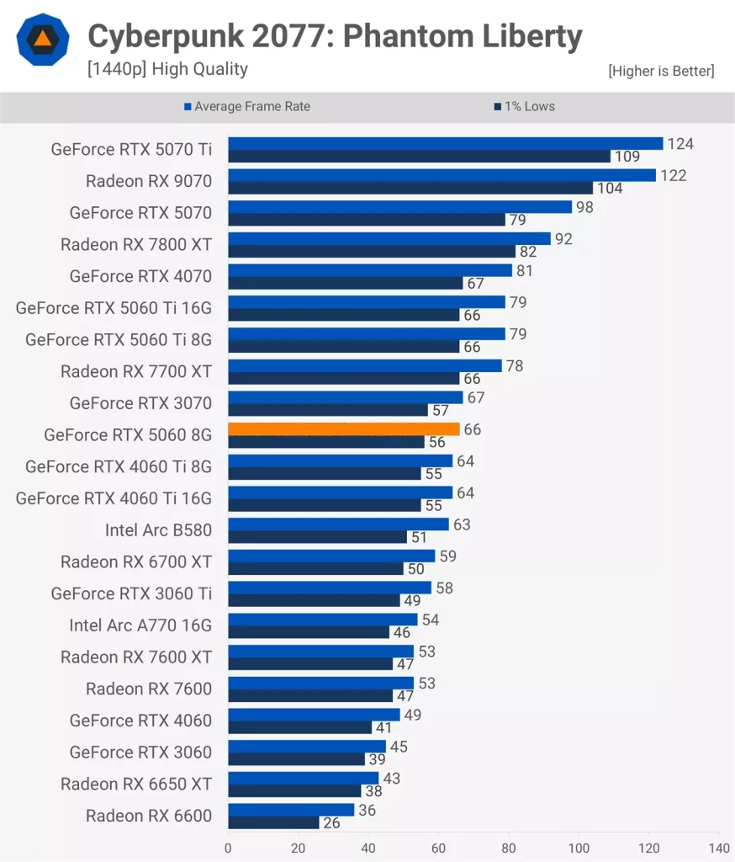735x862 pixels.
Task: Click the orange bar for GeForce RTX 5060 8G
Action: (x=343, y=428)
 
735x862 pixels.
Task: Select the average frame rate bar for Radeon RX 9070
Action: (x=442, y=175)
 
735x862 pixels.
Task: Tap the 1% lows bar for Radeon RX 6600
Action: (x=273, y=822)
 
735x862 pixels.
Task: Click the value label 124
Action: (x=680, y=144)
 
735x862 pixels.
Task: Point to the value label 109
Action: (x=627, y=157)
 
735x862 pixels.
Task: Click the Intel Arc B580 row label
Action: (x=158, y=530)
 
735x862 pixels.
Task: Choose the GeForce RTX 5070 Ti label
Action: (x=131, y=150)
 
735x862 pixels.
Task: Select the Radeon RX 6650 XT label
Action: (x=136, y=785)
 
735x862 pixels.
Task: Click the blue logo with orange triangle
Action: (x=43, y=40)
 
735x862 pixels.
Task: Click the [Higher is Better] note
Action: (x=661, y=71)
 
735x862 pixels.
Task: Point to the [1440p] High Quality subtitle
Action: (x=167, y=69)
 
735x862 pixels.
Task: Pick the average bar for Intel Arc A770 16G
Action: (x=322, y=620)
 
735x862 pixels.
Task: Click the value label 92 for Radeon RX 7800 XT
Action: (x=563, y=239)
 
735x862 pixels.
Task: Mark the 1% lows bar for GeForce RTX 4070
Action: (x=345, y=283)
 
